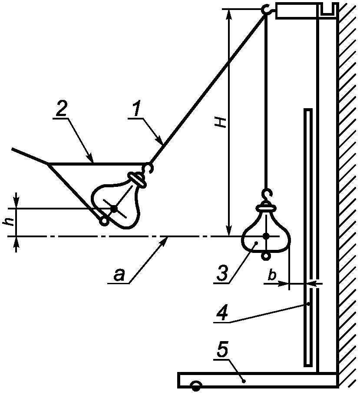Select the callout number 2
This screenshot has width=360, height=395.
[60, 109]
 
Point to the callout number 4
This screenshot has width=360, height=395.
[222, 312]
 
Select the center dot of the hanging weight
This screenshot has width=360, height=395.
[266, 236]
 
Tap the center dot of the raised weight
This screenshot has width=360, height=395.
[114, 209]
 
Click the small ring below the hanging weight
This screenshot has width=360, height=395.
[266, 256]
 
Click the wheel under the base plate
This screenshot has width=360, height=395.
[196, 386]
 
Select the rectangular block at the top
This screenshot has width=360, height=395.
[297, 10]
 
